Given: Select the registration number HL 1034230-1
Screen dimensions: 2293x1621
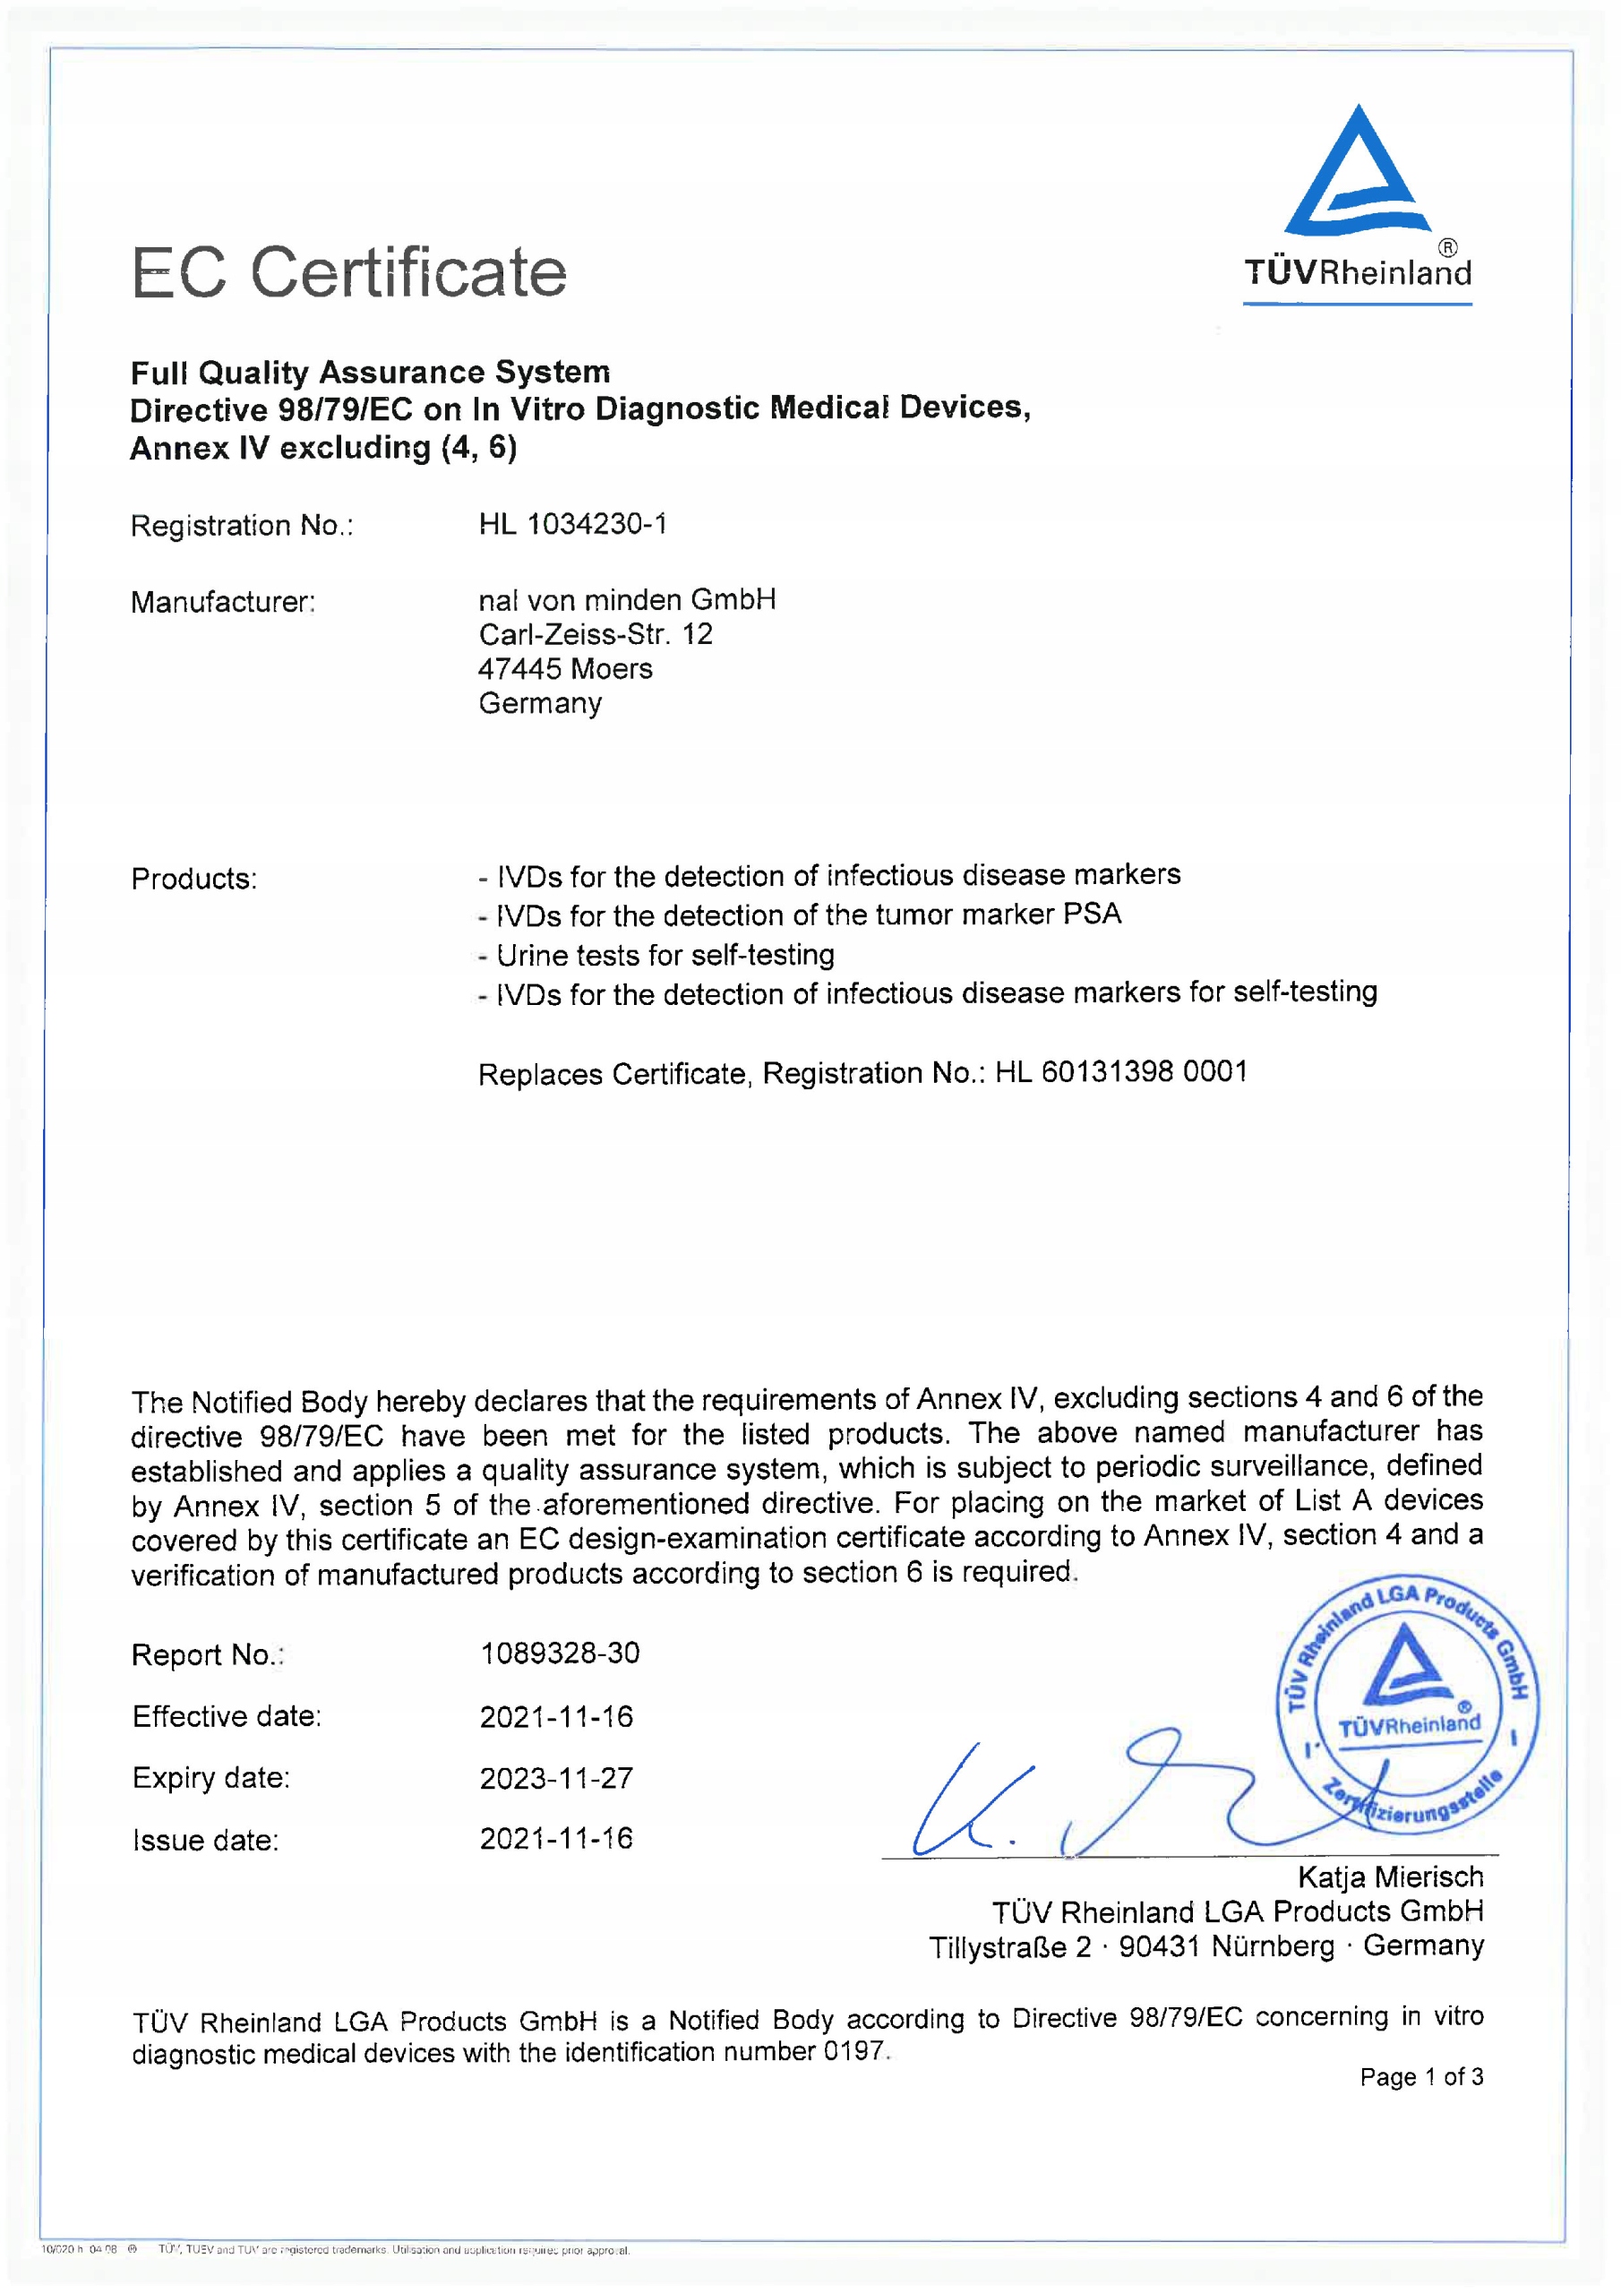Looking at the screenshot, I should click(x=572, y=524).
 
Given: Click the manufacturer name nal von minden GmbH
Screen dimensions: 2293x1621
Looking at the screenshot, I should click(x=626, y=599).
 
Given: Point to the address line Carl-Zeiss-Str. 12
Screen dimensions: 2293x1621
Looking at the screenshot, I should click(x=596, y=634).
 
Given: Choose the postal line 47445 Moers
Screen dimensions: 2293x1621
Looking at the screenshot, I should click(x=565, y=669).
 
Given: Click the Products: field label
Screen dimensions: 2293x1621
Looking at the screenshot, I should click(x=193, y=879).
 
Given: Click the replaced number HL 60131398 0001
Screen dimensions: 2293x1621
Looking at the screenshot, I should click(x=1120, y=1071).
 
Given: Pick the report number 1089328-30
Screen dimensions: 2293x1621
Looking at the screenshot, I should click(x=560, y=1653).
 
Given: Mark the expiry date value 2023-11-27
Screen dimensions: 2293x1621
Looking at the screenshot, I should click(x=556, y=1779).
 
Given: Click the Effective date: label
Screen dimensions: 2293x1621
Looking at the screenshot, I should click(x=227, y=1717).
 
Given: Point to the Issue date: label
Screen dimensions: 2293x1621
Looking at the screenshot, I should click(x=206, y=1841).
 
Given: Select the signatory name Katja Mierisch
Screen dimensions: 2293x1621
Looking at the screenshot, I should click(x=1389, y=1877).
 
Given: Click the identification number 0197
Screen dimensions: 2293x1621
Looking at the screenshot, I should click(x=855, y=2051).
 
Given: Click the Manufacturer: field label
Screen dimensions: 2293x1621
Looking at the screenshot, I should click(x=223, y=602).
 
